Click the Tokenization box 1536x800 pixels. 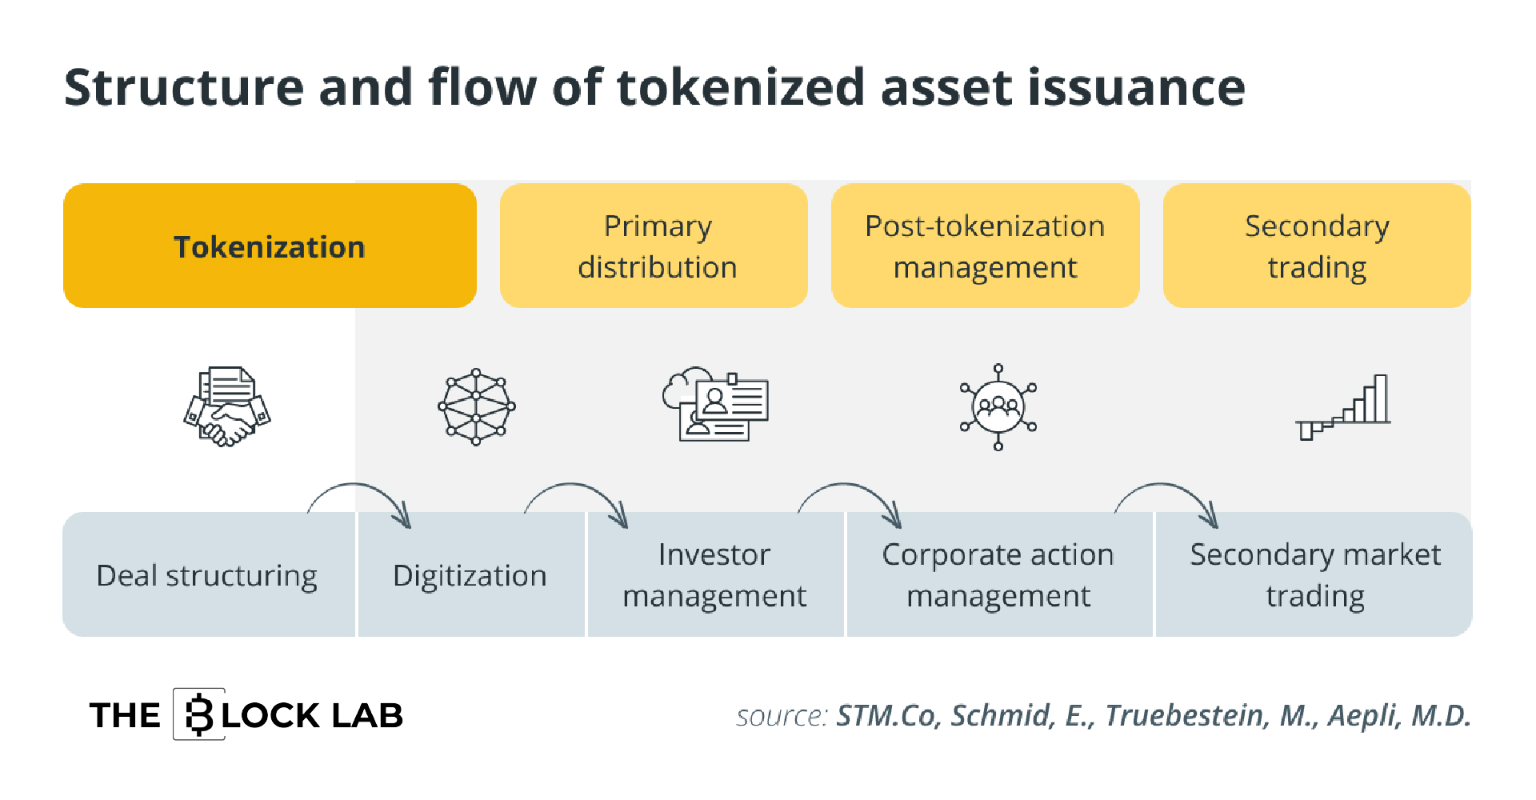[270, 246]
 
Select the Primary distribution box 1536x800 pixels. [654, 246]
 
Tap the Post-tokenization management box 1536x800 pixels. [985, 246]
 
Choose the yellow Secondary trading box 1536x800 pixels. [1317, 246]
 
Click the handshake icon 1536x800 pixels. [227, 406]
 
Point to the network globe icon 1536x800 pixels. [477, 406]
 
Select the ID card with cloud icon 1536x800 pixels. [715, 404]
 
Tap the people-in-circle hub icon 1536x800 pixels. [998, 407]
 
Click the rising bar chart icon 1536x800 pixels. [1343, 407]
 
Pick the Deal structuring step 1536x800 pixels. [208, 574]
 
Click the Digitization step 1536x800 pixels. [471, 574]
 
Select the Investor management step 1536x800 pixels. [715, 574]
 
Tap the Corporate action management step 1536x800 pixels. [999, 574]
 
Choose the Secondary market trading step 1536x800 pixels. [1314, 574]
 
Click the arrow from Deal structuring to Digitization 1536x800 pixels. [358, 485]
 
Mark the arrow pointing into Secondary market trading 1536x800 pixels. [1164, 485]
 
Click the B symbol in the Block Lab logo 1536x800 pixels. [199, 714]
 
